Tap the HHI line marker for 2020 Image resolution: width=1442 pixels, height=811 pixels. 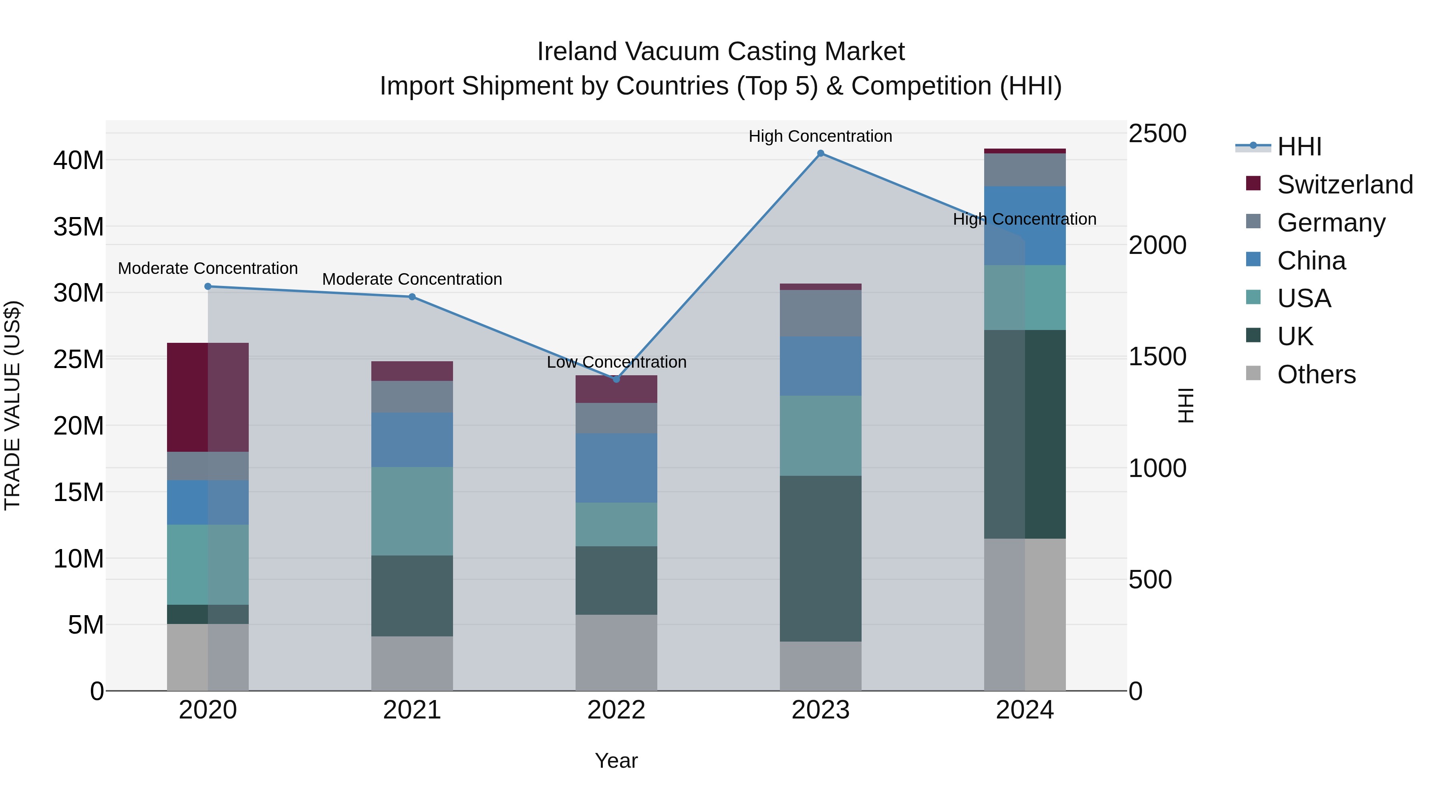pyautogui.click(x=207, y=287)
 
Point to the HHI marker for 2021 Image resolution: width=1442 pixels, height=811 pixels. pyautogui.click(x=412, y=297)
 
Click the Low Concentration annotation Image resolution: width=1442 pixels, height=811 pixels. pyautogui.click(x=616, y=362)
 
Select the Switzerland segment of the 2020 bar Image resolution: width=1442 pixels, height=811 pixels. pyautogui.click(x=207, y=397)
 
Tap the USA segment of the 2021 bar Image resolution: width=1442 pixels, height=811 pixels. pyautogui.click(x=412, y=511)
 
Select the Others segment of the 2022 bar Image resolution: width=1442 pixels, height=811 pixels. pyautogui.click(x=616, y=653)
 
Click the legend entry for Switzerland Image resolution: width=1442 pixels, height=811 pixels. pyautogui.click(x=1345, y=185)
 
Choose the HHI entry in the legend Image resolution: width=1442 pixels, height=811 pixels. pyautogui.click(x=1299, y=147)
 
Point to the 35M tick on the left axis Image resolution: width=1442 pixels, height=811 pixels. pyautogui.click(x=79, y=227)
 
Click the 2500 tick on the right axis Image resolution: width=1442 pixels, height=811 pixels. pyautogui.click(x=1156, y=134)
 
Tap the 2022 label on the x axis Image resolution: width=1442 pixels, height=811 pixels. pyautogui.click(x=616, y=710)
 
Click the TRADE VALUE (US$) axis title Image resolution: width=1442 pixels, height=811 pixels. pyautogui.click(x=12, y=405)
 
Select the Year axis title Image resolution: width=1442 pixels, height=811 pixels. pyautogui.click(x=616, y=761)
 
